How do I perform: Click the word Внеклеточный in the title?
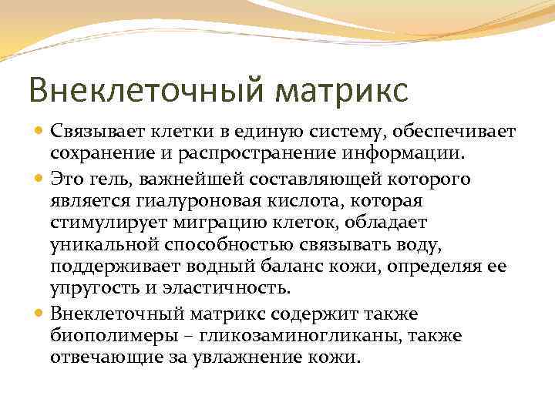(136, 89)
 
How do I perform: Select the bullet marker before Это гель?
(40, 179)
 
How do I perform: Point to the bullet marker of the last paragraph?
(40, 314)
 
